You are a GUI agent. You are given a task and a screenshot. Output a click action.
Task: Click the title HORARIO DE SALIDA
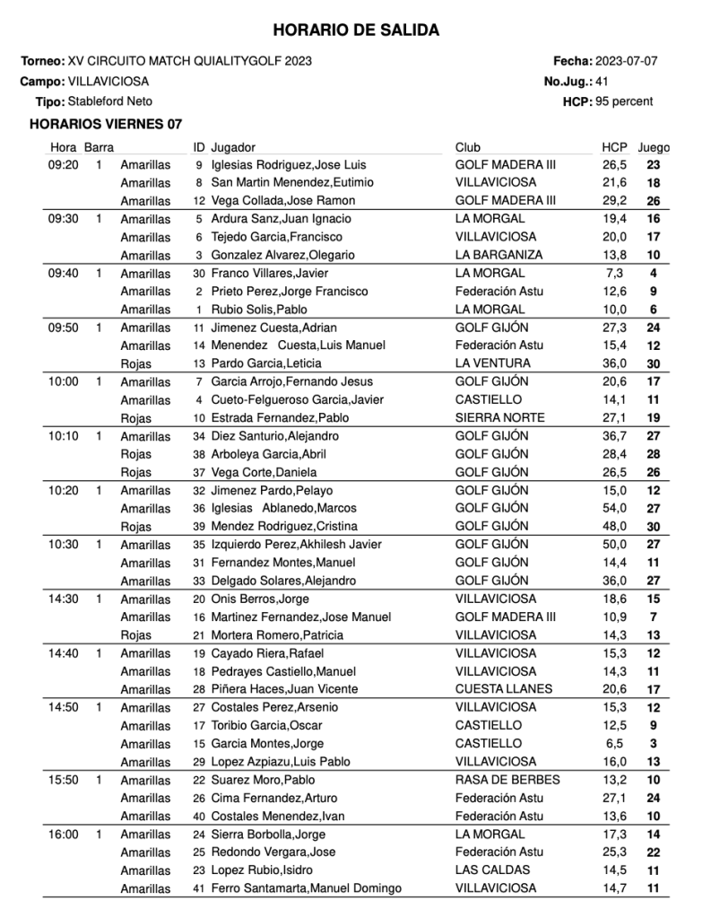pyautogui.click(x=356, y=31)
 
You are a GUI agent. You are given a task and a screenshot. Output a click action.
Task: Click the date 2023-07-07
pyautogui.click(x=627, y=61)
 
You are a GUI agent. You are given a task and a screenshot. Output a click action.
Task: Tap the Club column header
pyautogui.click(x=468, y=147)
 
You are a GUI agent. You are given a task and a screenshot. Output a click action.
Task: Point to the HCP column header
pyautogui.click(x=614, y=147)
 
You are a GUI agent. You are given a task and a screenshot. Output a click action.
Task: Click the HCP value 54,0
pyautogui.click(x=614, y=508)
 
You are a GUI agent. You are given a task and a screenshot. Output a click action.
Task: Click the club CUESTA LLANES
pyautogui.click(x=501, y=689)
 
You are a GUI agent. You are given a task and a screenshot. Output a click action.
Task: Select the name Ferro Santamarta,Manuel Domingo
pyautogui.click(x=306, y=888)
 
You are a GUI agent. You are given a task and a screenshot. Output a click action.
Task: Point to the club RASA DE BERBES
pyautogui.click(x=507, y=780)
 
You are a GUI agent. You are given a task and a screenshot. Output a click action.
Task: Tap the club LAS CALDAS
pyautogui.click(x=492, y=870)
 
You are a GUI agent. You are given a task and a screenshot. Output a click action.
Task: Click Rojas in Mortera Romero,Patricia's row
pyautogui.click(x=136, y=635)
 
